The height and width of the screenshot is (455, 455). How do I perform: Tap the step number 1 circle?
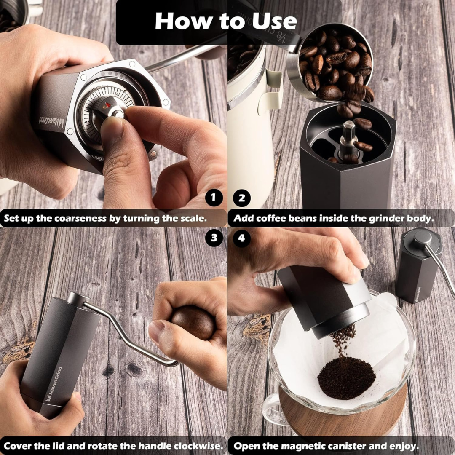214,198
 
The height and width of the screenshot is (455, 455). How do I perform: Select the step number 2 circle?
241,198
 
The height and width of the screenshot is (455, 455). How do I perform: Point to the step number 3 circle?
214,238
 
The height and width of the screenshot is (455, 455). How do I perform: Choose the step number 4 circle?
241,238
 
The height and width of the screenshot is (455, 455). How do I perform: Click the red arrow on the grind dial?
108,105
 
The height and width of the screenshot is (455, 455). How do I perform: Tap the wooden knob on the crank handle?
193,322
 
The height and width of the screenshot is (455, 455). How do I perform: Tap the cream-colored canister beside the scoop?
249,126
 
